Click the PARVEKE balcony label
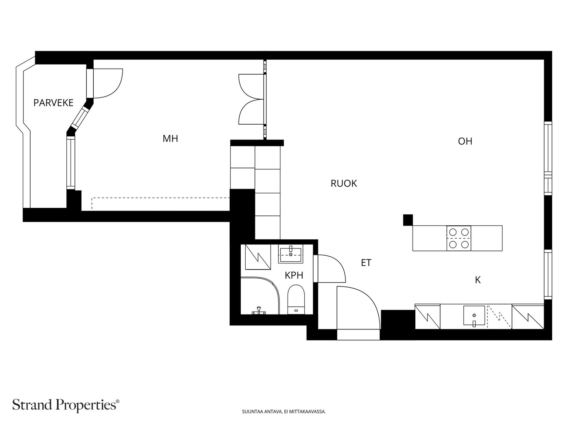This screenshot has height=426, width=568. pos(53,103)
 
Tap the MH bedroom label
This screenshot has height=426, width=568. pos(170,139)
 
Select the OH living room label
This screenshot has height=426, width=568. pos(465,141)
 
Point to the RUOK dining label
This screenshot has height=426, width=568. pos(344,184)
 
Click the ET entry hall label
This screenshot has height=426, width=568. pos(366,263)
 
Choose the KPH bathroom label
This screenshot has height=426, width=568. pos(294,275)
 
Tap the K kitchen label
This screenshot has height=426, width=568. pos(478,280)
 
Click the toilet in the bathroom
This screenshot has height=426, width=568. pos(296,299)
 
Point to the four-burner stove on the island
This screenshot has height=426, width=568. pos(459,238)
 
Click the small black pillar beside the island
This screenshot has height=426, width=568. pos(408,220)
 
